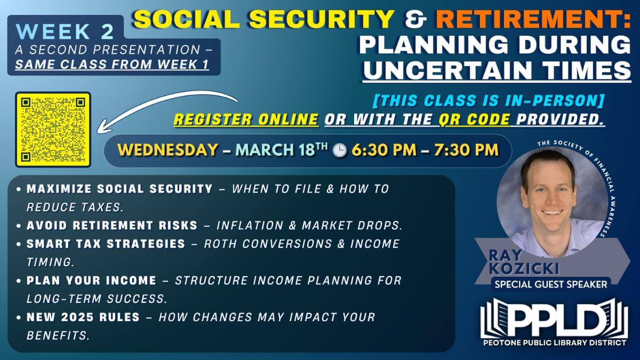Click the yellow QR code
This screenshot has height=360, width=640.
(53, 130)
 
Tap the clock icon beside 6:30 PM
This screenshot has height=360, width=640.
(340, 150)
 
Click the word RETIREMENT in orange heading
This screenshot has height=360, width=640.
(533, 19)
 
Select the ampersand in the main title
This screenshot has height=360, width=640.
(415, 19)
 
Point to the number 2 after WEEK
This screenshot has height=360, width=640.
(107, 31)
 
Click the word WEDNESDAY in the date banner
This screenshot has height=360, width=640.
(167, 150)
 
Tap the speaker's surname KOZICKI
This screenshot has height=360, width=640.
(524, 268)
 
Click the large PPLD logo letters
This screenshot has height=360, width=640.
(554, 319)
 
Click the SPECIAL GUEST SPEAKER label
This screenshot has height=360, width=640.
(551, 284)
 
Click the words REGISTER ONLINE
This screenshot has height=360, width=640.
(246, 119)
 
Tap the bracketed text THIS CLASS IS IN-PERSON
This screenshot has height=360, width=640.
(489, 101)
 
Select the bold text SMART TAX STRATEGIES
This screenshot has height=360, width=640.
(106, 244)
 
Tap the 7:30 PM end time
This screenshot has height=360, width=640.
(466, 150)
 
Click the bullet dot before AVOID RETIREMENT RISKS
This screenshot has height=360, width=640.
(19, 226)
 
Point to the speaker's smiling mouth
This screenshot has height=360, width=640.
(553, 213)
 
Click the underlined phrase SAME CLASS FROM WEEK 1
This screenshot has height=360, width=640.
(112, 65)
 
